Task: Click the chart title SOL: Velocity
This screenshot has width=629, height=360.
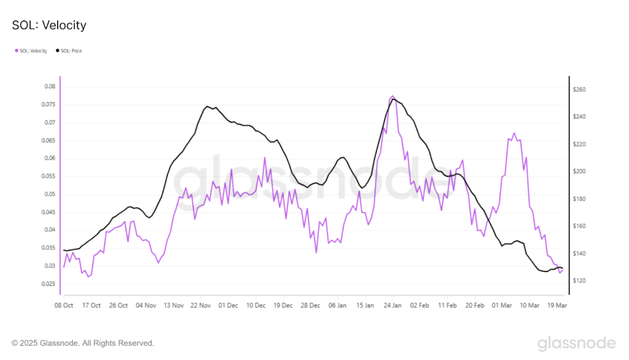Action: [x=49, y=25]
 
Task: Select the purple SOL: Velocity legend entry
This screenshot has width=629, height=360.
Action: [x=31, y=51]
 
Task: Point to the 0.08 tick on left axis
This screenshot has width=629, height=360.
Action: [x=50, y=86]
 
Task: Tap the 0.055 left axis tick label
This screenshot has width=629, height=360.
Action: [x=48, y=176]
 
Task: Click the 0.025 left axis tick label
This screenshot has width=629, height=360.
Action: [x=48, y=283]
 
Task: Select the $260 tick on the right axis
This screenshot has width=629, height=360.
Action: [x=579, y=90]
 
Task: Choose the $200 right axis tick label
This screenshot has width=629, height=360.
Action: [x=579, y=171]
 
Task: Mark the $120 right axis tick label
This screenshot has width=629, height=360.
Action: [x=579, y=280]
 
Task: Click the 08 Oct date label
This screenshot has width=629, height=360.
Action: [x=63, y=306]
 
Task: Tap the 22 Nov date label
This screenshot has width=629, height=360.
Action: [x=199, y=306]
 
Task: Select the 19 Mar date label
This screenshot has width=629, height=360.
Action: [x=557, y=306]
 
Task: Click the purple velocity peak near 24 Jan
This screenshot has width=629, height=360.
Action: [x=392, y=96]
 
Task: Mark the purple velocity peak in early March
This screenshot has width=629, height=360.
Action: [x=514, y=133]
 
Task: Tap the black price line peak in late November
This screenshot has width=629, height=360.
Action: [x=207, y=107]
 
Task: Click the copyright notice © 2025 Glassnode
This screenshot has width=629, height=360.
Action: [x=83, y=343]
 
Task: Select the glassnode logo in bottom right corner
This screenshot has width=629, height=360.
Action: [x=577, y=343]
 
